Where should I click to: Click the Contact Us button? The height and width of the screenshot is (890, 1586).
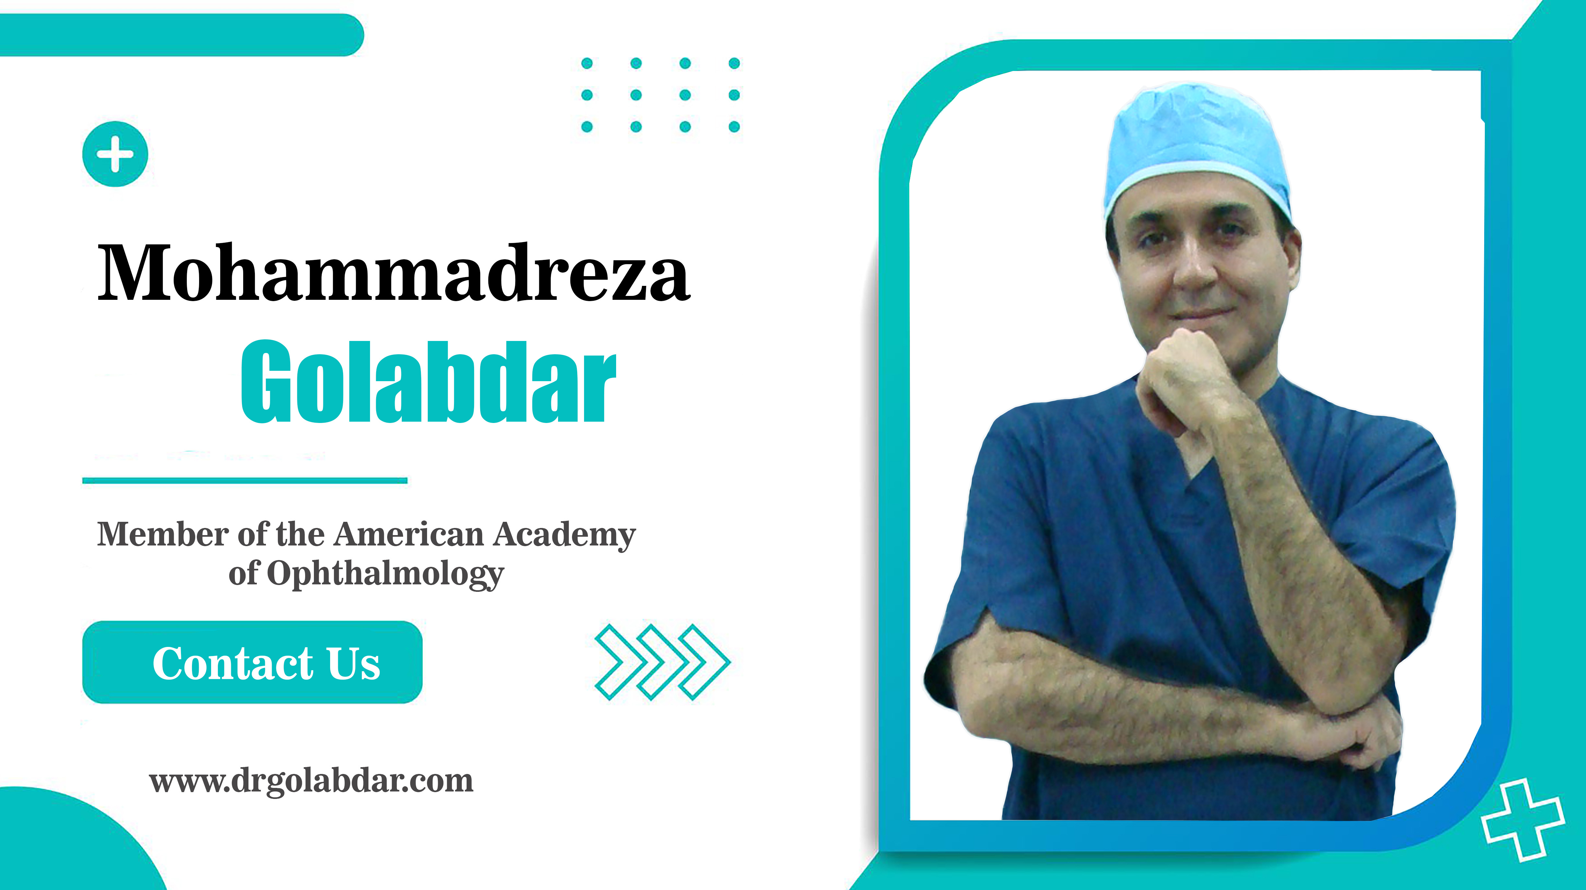pyautogui.click(x=252, y=662)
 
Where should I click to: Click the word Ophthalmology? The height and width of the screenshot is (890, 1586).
pyautogui.click(x=386, y=574)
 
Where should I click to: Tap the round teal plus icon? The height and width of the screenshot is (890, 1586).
pyautogui.click(x=115, y=154)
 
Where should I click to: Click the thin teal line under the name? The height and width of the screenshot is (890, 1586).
pyautogui.click(x=245, y=480)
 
